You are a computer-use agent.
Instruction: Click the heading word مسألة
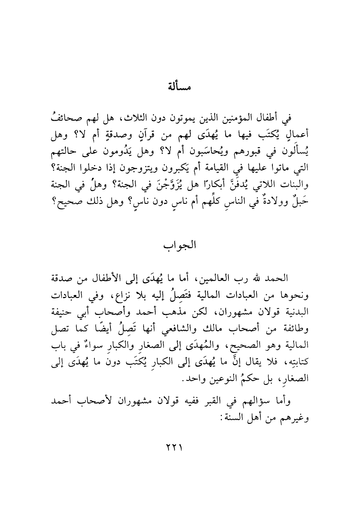tap(180, 86)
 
